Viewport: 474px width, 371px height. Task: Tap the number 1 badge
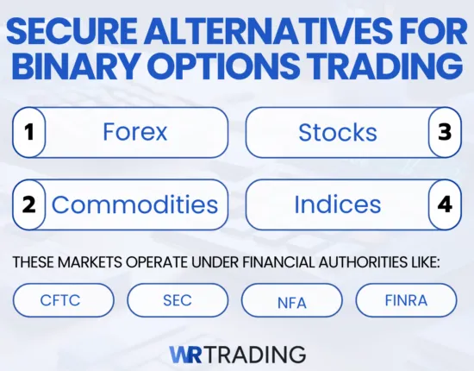tap(28, 133)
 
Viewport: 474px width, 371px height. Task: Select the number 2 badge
tap(28, 205)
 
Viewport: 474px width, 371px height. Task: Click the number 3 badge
tap(445, 133)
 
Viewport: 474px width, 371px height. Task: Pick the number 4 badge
tap(445, 205)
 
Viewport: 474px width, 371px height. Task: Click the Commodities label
tap(134, 205)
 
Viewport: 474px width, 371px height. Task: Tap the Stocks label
tap(337, 133)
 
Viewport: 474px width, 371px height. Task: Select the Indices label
tap(337, 205)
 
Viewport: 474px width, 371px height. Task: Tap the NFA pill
tap(291, 299)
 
